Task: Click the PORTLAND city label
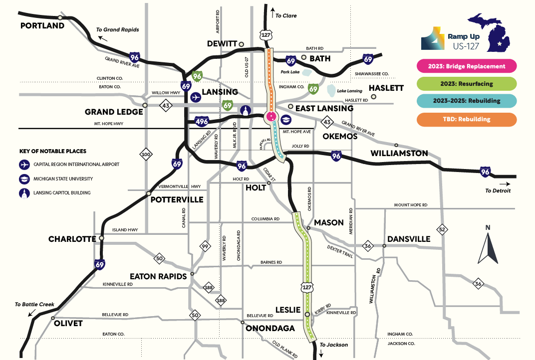[42, 25]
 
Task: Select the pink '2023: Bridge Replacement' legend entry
[466, 66]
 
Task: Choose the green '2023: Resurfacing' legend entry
[466, 84]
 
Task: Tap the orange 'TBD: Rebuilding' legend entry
[466, 119]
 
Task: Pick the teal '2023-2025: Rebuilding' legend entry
[466, 101]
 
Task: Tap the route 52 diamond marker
[442, 229]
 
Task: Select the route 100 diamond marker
[146, 155]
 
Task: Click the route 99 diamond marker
[205, 246]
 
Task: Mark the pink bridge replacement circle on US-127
[271, 117]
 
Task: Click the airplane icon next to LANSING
[195, 97]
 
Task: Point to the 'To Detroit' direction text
[498, 190]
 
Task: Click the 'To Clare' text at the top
[286, 15]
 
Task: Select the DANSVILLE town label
[409, 239]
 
